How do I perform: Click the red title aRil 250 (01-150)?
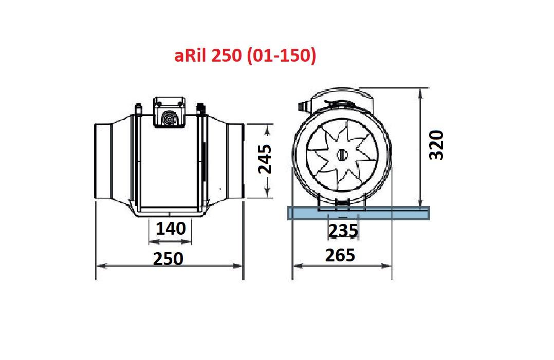pyautogui.click(x=245, y=55)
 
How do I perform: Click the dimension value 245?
pyautogui.click(x=265, y=160)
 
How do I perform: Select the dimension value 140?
pyautogui.click(x=171, y=229)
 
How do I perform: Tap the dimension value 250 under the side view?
pyautogui.click(x=168, y=258)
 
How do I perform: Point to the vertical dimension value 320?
pyautogui.click(x=436, y=145)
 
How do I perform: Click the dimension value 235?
pyautogui.click(x=343, y=231)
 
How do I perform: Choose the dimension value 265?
pyautogui.click(x=340, y=255)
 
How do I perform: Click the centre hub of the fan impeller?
pyautogui.click(x=342, y=154)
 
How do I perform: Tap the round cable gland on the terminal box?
pyautogui.click(x=168, y=119)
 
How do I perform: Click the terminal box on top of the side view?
pyautogui.click(x=168, y=111)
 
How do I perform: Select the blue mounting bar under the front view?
pyautogui.click(x=358, y=213)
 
